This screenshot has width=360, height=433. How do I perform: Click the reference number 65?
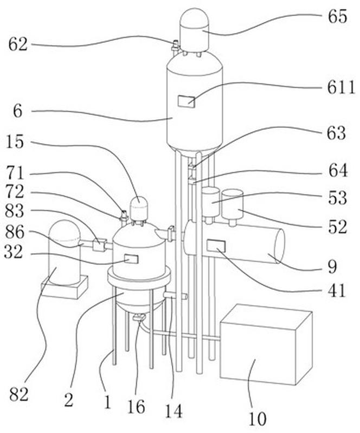point(336,16)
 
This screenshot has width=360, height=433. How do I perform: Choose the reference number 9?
point(332,266)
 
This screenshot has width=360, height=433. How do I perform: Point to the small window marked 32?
point(131,259)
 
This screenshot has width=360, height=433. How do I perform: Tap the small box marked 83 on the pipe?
point(100,245)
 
